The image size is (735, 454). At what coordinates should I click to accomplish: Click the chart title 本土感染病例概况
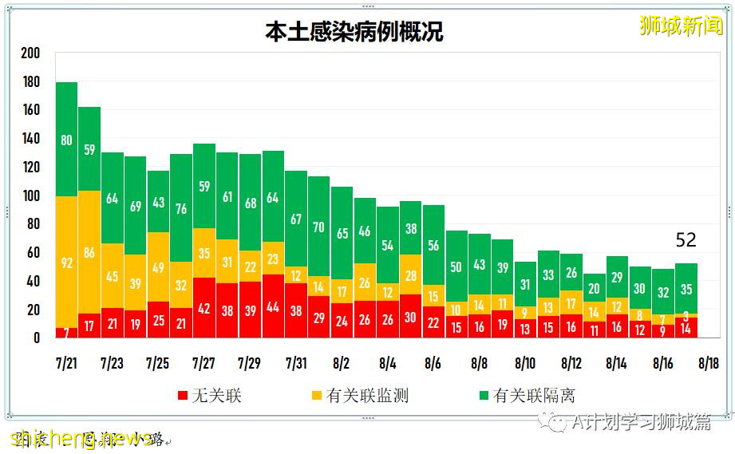click(x=354, y=32)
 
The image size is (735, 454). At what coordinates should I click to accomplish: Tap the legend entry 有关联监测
click(x=358, y=395)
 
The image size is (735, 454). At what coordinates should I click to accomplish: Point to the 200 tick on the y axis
click(x=30, y=53)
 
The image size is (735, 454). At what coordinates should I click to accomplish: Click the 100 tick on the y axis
click(x=30, y=195)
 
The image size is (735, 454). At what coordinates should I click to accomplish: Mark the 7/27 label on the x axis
click(x=204, y=363)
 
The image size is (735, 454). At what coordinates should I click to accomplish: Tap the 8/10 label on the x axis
click(x=525, y=363)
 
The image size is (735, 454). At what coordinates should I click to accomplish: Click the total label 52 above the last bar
click(x=686, y=240)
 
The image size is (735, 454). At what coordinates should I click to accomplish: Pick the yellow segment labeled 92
click(x=66, y=261)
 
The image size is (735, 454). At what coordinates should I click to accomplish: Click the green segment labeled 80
click(x=66, y=140)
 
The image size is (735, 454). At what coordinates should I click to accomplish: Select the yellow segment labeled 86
click(x=89, y=253)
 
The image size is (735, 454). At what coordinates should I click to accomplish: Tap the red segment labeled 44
click(x=273, y=306)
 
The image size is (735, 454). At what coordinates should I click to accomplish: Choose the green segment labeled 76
click(x=181, y=208)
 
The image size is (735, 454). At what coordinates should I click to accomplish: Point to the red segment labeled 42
click(x=204, y=307)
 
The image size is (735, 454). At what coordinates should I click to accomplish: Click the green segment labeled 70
click(x=319, y=227)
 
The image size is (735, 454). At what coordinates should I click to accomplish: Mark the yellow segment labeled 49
click(x=158, y=267)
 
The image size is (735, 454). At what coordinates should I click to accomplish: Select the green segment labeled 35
click(x=686, y=289)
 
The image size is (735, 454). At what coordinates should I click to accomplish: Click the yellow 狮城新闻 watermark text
click(x=680, y=26)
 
